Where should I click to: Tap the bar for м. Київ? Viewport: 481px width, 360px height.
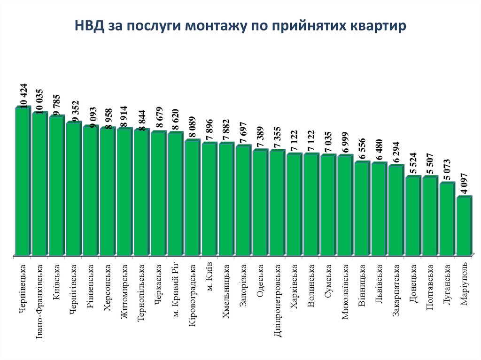209,199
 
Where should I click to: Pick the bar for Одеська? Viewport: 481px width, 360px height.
260,203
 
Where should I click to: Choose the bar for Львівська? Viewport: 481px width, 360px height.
379,209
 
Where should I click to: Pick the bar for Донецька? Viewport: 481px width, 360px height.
412,216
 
